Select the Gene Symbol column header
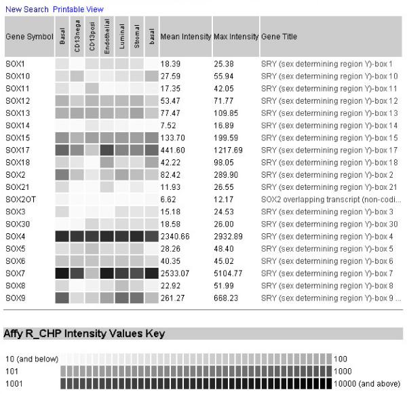pyautogui.click(x=28, y=36)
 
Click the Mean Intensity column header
pyautogui.click(x=185, y=36)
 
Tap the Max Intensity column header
pyautogui.click(x=235, y=36)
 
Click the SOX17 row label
pyautogui.click(x=17, y=150)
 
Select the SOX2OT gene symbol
pyautogui.click(x=20, y=199)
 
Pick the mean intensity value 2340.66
pyautogui.click(x=175, y=236)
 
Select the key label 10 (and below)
pyautogui.click(x=31, y=358)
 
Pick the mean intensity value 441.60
pyautogui.click(x=173, y=150)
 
